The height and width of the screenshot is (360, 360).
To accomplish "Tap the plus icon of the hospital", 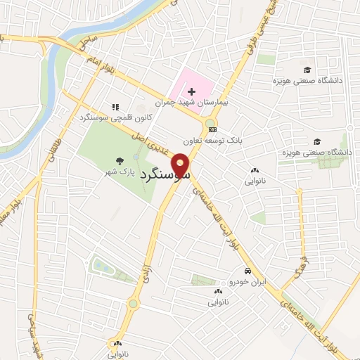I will (191, 91).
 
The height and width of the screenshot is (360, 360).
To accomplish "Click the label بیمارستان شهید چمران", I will (207, 103).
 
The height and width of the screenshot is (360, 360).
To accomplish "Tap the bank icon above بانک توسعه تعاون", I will (213, 129).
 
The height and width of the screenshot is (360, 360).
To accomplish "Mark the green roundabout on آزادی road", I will (133, 304).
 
